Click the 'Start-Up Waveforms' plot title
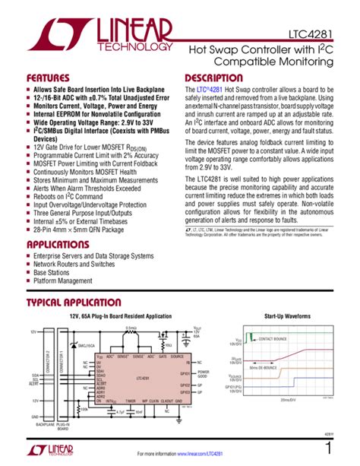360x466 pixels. [286, 315]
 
